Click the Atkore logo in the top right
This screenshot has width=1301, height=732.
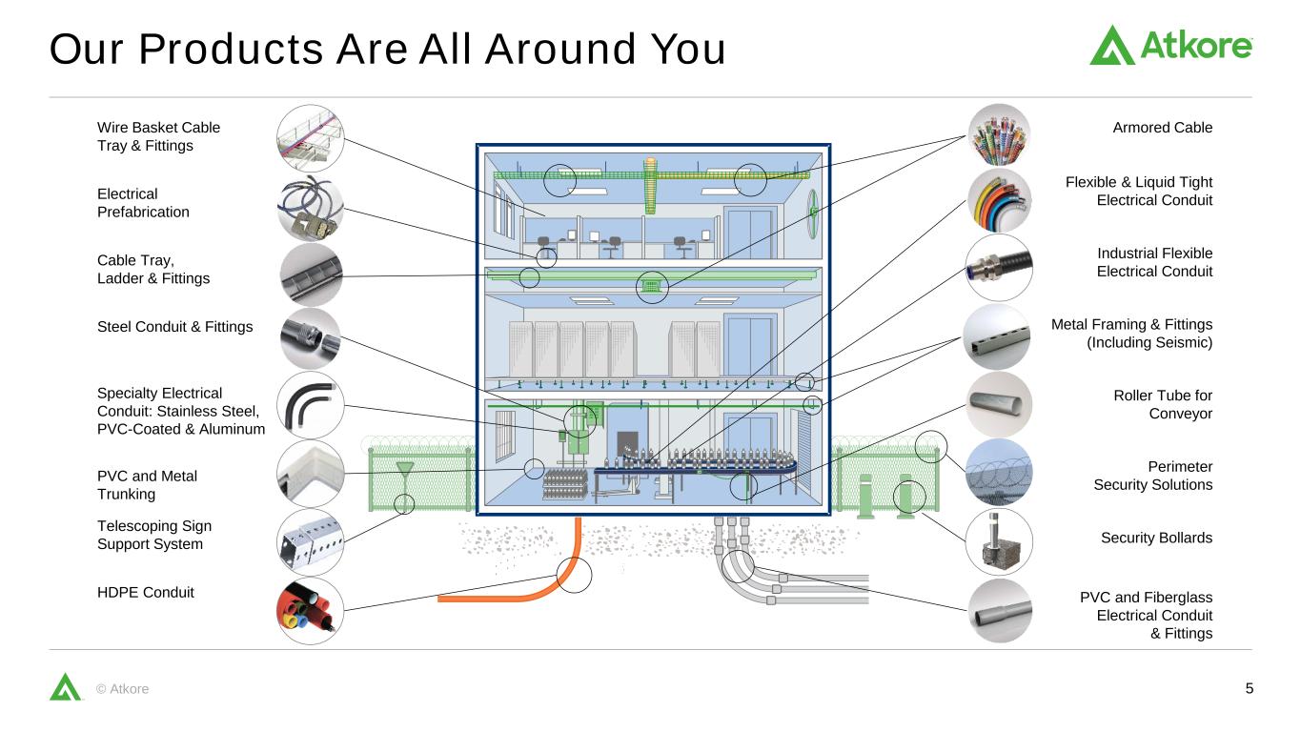[1170, 45]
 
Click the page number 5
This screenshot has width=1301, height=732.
[1250, 688]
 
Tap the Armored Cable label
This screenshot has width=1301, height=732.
[1162, 127]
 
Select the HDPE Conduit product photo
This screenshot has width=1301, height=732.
[310, 611]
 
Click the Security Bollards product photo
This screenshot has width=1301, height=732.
[999, 541]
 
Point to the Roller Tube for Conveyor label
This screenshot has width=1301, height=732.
[1163, 404]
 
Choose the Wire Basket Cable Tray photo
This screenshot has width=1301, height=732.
[310, 138]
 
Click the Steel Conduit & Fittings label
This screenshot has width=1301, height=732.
[174, 327]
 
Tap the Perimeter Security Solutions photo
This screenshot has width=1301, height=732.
[999, 472]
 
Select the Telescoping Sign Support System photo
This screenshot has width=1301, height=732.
[310, 542]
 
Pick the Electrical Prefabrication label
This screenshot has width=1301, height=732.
[143, 203]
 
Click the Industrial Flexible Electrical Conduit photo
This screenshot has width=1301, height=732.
[999, 267]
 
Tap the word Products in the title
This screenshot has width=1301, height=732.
[231, 49]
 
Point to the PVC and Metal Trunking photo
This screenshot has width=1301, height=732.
[310, 474]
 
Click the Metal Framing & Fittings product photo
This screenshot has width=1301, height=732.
[997, 337]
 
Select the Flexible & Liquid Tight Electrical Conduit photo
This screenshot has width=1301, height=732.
[999, 200]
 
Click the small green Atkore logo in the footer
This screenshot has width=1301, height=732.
[65, 687]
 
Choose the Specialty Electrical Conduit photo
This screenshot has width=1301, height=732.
[310, 405]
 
